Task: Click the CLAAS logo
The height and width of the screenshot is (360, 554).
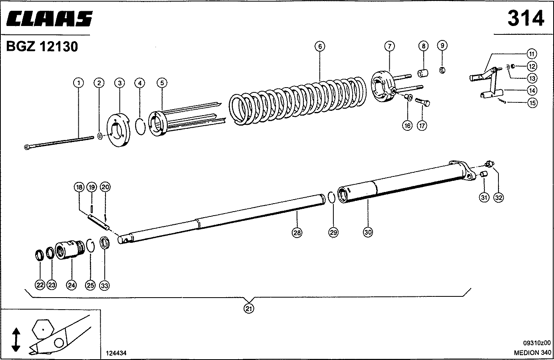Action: [x=50, y=19]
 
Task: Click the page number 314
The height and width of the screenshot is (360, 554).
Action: [x=526, y=18]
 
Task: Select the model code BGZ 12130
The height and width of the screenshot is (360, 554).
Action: [x=42, y=47]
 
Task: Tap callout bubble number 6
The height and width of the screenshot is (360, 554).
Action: [x=319, y=46]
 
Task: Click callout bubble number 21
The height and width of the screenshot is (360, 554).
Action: [x=249, y=308]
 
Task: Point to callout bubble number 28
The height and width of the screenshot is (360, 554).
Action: [x=297, y=232]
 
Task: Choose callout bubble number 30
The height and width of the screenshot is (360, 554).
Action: [x=368, y=232]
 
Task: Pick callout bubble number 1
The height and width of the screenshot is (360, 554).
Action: [x=78, y=83]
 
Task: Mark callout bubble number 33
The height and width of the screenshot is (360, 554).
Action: [x=105, y=285]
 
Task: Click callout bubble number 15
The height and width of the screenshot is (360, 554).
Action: [x=532, y=103]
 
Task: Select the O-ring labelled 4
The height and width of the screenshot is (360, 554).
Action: [x=140, y=127]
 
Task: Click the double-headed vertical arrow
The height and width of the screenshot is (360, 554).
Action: [x=16, y=340]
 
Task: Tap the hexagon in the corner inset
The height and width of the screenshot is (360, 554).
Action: [x=44, y=329]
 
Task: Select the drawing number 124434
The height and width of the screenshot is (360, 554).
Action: [x=116, y=353]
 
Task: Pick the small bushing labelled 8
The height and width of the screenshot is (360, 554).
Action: [x=423, y=73]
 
